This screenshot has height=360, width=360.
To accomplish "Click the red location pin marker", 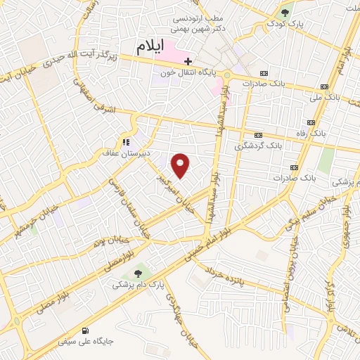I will pos(181,166).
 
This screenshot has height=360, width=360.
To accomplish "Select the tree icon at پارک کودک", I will pos(286,13).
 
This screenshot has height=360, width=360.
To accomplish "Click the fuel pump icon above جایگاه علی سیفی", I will pos(86,330).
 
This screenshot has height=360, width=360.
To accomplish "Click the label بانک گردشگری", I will pos(258,146).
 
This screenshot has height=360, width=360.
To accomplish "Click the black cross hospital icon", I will pos(188,61).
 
